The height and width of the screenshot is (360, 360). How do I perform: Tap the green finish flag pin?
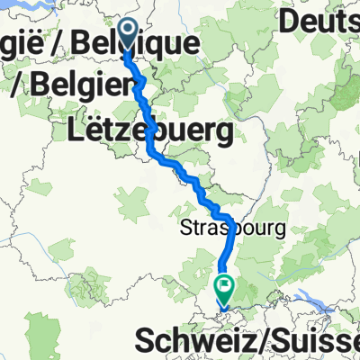(x=223, y=288)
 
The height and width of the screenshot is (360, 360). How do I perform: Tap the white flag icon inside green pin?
(x=223, y=287)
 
